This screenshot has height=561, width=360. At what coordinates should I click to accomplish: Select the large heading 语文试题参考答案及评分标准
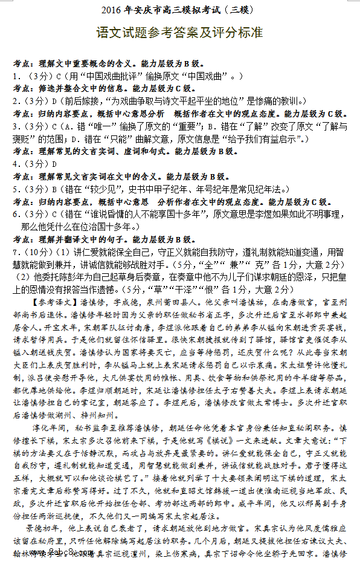pyautogui.click(x=179, y=33)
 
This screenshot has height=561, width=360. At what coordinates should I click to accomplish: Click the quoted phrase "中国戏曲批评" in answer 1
pyautogui.click(x=93, y=77)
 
